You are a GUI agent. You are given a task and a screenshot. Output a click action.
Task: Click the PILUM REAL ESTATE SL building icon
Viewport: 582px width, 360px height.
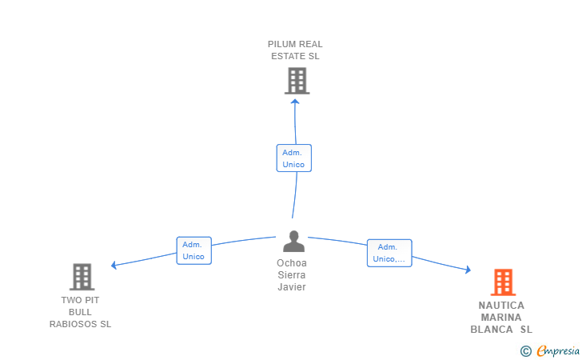point(297,81)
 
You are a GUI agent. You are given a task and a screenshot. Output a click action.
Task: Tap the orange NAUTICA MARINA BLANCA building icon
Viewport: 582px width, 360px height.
point(504,282)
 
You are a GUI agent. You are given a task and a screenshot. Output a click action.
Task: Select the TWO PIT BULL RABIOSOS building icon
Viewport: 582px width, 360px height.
point(82,277)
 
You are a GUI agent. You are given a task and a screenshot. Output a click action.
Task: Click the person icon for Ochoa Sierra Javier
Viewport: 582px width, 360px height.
point(294,241)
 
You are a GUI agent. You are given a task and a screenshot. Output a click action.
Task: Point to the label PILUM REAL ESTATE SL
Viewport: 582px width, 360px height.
point(295,50)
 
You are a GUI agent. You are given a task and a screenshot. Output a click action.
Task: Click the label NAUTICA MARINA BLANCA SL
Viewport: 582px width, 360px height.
point(501,318)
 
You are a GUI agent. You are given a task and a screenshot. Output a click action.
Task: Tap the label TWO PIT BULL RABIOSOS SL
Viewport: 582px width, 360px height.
point(80,312)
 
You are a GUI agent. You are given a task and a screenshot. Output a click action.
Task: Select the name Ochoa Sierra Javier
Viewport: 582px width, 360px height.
point(292,275)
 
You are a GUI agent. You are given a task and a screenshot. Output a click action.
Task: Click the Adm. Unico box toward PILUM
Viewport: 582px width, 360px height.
point(294,158)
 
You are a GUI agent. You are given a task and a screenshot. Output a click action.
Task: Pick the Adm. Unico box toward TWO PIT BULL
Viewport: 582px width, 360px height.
point(193,250)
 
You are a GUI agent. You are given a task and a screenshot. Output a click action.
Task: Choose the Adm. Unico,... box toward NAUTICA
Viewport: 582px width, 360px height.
point(389,253)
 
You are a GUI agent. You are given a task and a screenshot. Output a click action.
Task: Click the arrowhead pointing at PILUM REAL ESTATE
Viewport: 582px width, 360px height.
point(295,102)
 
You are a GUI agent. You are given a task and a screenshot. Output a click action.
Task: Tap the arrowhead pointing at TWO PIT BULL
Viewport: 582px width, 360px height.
point(114,265)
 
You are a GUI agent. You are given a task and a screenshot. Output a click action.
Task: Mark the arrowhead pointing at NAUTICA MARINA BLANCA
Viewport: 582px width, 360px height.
point(468,270)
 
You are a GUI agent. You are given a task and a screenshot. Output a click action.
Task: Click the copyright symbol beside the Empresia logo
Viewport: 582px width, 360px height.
point(525,351)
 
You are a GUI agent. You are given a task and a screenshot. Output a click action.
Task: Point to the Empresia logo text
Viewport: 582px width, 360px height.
point(558,350)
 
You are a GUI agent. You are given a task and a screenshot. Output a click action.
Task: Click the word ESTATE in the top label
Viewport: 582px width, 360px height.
point(285,56)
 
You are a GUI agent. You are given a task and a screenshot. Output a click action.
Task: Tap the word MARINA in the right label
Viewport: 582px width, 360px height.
point(501,318)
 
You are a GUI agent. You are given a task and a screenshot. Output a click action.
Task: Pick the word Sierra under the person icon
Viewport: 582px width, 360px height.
point(292,275)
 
